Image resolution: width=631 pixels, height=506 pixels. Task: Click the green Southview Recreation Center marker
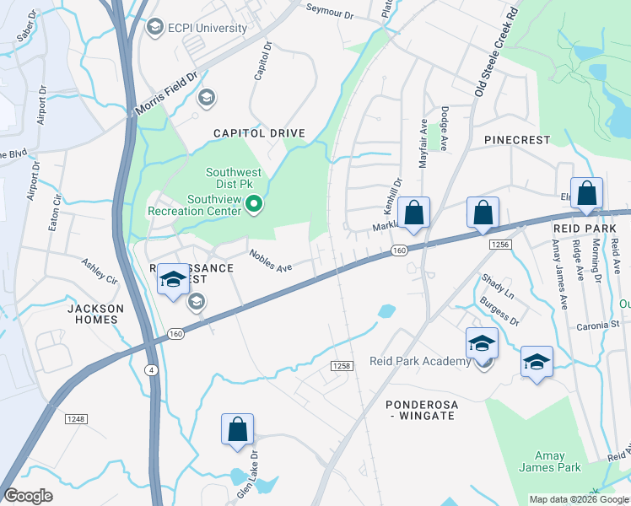pyautogui.click(x=252, y=203)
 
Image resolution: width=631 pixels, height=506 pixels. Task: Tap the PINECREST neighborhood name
pyautogui.click(x=517, y=139)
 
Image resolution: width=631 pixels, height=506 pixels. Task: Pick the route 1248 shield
pyautogui.click(x=76, y=418)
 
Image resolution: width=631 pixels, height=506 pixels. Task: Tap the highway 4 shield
pyautogui.click(x=150, y=369)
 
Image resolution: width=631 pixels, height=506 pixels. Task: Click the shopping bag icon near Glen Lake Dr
pyautogui.click(x=237, y=428)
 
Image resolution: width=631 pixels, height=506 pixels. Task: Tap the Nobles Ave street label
pyautogui.click(x=270, y=260)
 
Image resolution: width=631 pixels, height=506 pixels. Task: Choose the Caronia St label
pyautogui.click(x=598, y=324)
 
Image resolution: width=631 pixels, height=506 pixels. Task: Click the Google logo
pyautogui.click(x=29, y=496)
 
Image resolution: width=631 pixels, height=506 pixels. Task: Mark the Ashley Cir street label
pyautogui.click(x=99, y=271)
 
